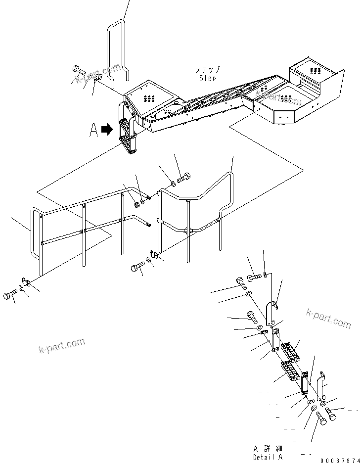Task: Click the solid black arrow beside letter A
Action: [x=106, y=130]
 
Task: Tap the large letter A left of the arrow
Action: [x=93, y=130]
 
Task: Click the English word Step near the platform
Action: [x=208, y=78]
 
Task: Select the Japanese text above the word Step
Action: [x=208, y=70]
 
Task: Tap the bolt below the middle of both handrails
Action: [x=137, y=268]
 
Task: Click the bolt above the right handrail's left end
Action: [x=183, y=176]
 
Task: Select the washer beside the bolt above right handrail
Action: [x=172, y=184]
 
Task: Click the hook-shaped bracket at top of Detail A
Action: [x=272, y=311]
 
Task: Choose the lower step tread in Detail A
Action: [x=291, y=371]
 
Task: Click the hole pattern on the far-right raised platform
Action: [x=315, y=68]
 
